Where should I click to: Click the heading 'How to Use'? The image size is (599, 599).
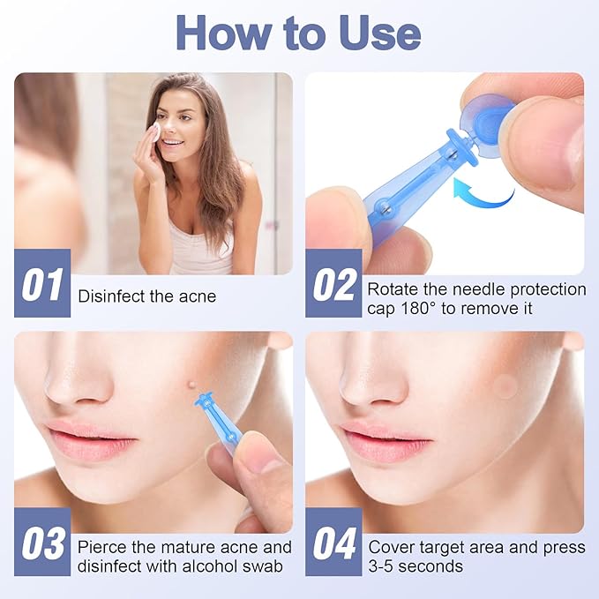pos(298,33)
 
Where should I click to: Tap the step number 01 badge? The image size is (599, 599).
pos(42,284)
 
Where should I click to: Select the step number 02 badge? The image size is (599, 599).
pos(333,284)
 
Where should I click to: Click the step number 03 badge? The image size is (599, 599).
pos(42,543)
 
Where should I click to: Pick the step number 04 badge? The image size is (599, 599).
pos(333,543)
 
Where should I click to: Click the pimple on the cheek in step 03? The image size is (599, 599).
pos(192,383)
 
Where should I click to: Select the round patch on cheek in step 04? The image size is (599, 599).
pos(505,384)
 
